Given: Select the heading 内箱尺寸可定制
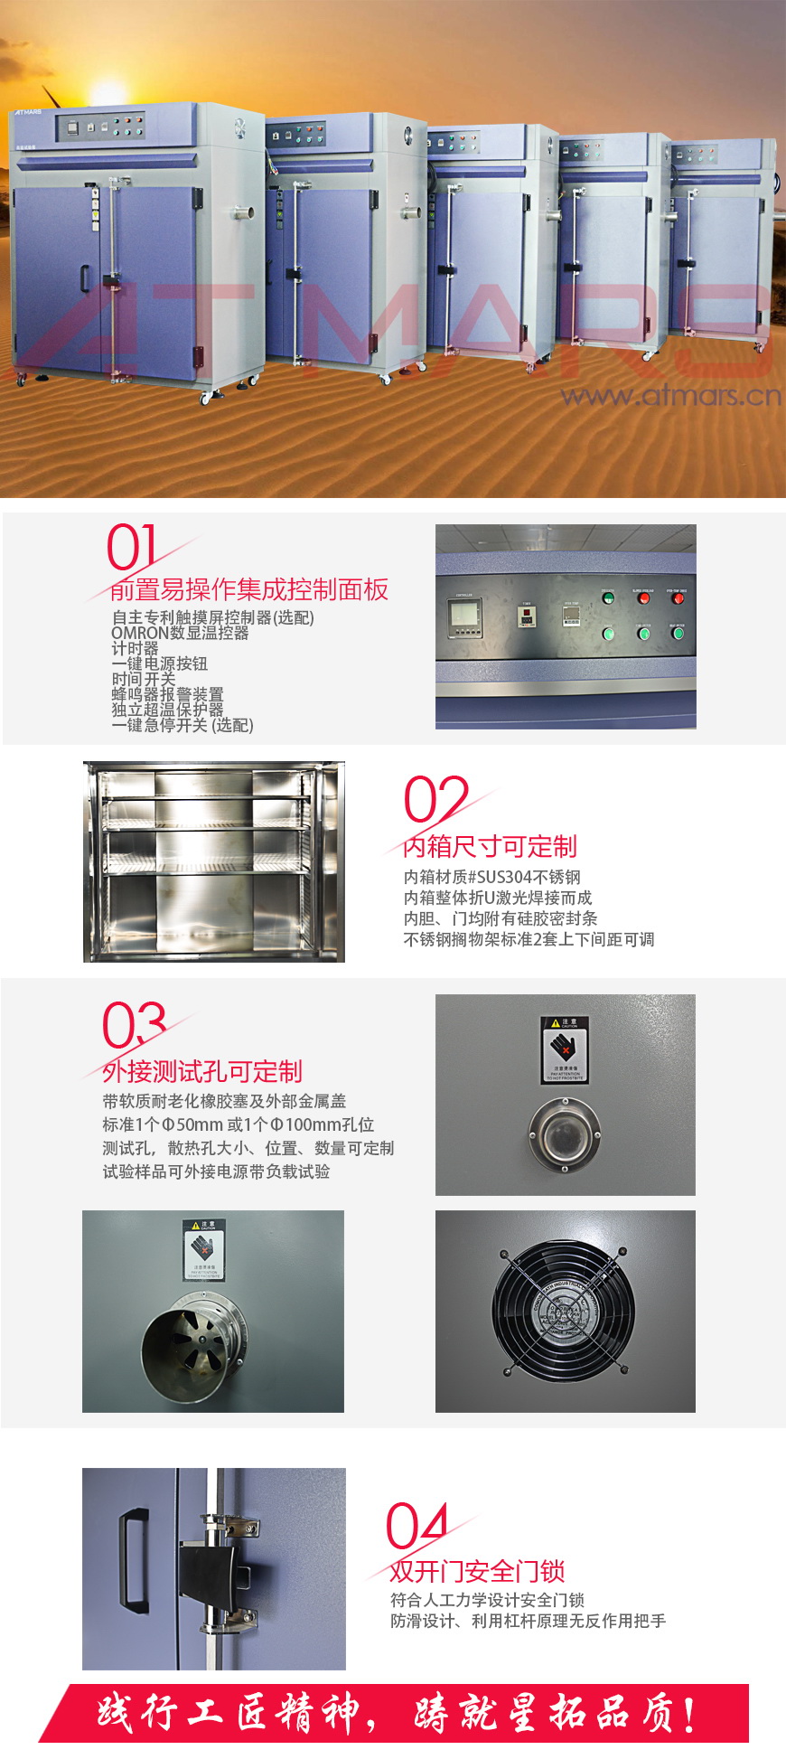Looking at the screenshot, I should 489,847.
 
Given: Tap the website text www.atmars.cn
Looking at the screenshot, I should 670,395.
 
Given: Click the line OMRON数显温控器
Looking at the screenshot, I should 180,633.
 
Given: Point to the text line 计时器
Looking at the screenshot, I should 135,648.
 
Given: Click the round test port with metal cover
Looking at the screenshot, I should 564,1134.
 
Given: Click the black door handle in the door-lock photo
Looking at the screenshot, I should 135,1560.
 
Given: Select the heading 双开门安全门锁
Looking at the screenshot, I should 477,1571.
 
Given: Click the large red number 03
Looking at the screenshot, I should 134,1025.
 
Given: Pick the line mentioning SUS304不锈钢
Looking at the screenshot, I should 491,877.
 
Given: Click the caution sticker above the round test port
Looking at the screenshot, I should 564,1049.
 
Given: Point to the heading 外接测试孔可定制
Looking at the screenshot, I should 201,1072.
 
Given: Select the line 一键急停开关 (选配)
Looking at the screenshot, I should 182,725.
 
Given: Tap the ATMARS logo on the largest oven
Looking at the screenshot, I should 27,113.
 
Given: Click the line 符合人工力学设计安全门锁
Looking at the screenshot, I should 487,1600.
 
